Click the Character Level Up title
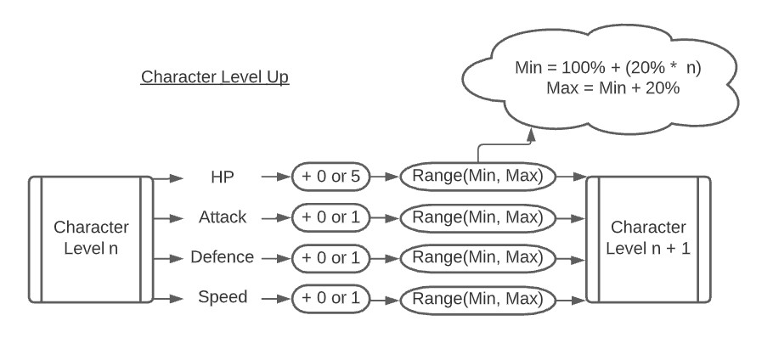click(x=215, y=77)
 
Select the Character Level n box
click(x=91, y=239)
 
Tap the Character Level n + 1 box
click(x=648, y=239)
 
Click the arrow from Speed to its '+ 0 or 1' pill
click(x=276, y=298)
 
